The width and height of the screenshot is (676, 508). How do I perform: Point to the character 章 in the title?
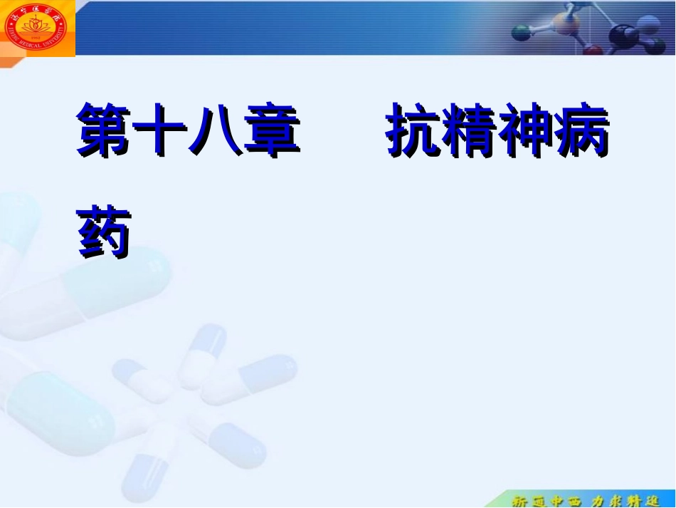coord(271,130)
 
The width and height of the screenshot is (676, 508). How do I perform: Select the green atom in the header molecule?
coord(521,32)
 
